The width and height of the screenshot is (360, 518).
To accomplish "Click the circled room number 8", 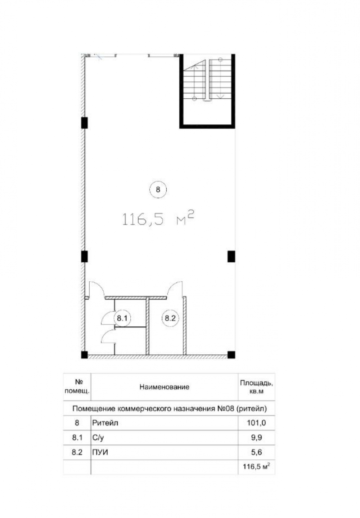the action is [x=158, y=189].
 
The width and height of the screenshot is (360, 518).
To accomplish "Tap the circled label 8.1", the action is [x=122, y=318].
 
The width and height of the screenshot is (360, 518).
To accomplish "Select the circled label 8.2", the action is [x=170, y=318].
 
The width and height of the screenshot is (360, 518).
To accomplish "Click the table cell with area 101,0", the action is [x=256, y=423].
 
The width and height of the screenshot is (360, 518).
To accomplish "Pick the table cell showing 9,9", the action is [x=256, y=438].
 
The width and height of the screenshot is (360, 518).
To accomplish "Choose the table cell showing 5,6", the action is [x=256, y=452].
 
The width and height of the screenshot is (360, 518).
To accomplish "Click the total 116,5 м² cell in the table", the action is [x=256, y=466].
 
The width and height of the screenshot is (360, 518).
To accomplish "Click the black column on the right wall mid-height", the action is [x=231, y=256].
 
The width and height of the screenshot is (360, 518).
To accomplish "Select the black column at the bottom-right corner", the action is [x=231, y=355].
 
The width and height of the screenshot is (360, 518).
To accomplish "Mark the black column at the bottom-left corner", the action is [x=84, y=355].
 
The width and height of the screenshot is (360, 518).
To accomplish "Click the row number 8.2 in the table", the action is [x=77, y=452].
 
